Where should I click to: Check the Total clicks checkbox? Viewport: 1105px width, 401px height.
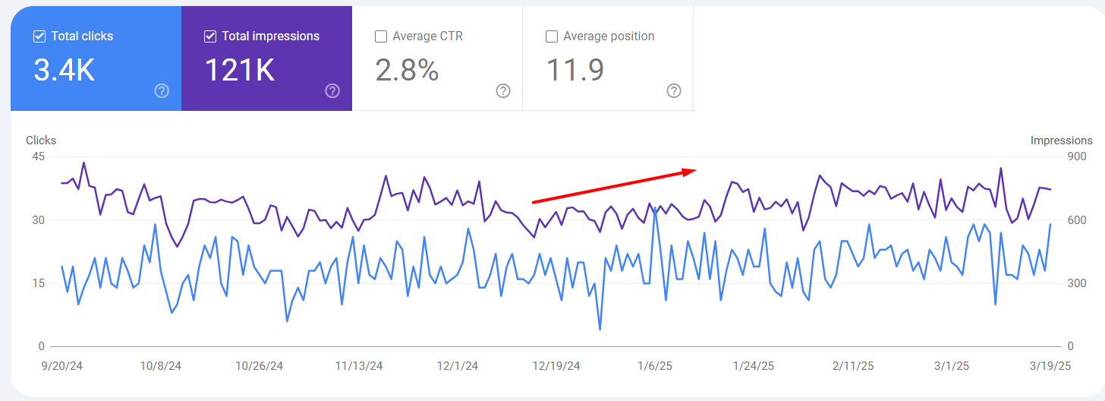point(39,36)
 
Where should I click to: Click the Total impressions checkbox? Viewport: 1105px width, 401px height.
point(210,36)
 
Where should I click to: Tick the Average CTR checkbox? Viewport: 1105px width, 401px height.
point(381,36)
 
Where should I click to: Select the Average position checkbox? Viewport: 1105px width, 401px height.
point(552,36)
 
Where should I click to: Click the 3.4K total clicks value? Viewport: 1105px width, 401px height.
point(64,70)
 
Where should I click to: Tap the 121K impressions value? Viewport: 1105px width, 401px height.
point(239,70)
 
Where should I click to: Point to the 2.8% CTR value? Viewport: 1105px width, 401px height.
point(407,70)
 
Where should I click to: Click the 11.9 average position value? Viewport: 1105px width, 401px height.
point(575,70)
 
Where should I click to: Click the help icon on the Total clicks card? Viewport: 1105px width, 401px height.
point(162,91)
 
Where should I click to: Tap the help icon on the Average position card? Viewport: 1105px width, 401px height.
point(674,91)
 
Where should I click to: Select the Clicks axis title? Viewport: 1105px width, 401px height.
point(41,141)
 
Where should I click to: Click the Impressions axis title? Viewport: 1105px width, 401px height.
point(1061,141)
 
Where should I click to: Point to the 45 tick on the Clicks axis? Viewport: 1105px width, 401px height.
point(38,156)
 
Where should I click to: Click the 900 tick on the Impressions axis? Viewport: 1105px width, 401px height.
point(1076,156)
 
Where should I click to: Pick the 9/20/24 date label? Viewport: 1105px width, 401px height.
point(61,366)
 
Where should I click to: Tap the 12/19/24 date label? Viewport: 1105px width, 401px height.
point(556,366)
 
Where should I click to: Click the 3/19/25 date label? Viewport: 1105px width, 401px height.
point(1050,366)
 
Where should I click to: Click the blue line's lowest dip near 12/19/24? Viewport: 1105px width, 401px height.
point(600,330)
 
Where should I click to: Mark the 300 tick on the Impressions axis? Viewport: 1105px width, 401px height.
point(1076,283)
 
